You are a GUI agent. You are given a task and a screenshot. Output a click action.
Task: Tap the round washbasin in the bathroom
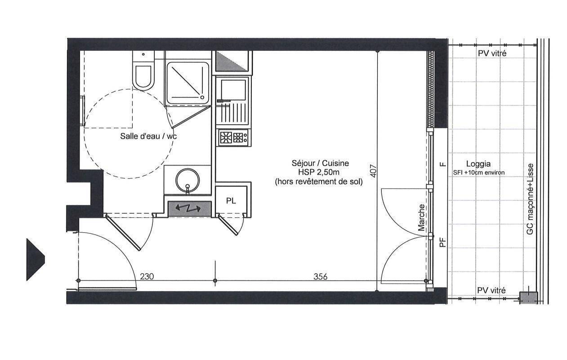tap(188, 180)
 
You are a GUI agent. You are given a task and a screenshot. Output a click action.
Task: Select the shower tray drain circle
tap(202, 97)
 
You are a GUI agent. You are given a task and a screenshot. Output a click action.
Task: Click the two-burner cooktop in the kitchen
tap(233, 138)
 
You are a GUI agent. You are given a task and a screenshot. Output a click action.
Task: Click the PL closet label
tap(231, 201)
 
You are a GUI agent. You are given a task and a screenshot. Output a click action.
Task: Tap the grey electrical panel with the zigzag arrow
tap(190, 209)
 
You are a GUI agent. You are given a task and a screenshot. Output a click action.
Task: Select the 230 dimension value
tap(147, 276)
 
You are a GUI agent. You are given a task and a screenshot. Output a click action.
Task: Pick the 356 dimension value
tap(320, 276)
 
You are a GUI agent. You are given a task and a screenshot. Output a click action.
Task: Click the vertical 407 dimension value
tap(374, 171)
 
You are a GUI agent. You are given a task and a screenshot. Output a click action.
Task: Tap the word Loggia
tap(478, 164)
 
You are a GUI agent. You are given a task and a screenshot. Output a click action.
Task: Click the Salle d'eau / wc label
tap(148, 136)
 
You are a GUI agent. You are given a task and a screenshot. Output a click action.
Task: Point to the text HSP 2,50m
tap(319, 172)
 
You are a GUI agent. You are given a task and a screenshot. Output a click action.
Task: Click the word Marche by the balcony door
tap(421, 218)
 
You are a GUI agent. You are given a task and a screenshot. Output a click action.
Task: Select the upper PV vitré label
tap(492, 54)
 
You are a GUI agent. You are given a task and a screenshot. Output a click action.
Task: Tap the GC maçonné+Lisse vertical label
tap(530, 199)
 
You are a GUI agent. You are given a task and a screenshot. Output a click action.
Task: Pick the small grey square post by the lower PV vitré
tap(528, 298)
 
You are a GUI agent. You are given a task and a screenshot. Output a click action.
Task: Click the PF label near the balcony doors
tap(442, 242)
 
